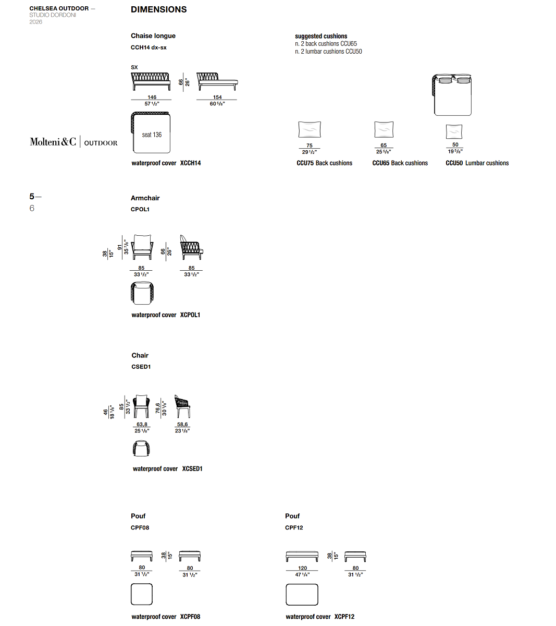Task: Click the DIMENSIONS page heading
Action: (159, 9)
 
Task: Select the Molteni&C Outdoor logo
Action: (73, 142)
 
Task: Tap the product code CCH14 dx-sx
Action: (149, 47)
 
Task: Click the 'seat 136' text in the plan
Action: (152, 135)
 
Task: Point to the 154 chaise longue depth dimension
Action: (217, 97)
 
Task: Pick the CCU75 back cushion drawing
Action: (310, 129)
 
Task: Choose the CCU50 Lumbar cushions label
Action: (477, 163)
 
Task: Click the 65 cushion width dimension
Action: (384, 145)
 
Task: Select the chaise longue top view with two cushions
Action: (452, 95)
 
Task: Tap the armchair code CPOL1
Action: (140, 209)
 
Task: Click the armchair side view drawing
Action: (191, 247)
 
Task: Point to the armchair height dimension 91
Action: (120, 247)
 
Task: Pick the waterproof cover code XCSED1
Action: (192, 468)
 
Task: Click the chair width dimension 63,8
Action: (142, 424)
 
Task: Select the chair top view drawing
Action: (141, 448)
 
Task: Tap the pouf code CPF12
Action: (294, 527)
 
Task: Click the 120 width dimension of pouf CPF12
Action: (302, 568)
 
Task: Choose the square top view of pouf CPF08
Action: (142, 594)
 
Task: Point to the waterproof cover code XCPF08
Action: (190, 617)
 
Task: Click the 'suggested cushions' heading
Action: (321, 36)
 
